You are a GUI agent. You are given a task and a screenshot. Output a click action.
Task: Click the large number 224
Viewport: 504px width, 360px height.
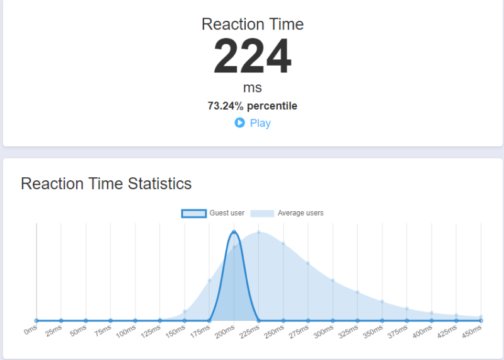click(252, 57)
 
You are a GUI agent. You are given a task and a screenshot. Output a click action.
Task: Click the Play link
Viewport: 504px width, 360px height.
click(260, 123)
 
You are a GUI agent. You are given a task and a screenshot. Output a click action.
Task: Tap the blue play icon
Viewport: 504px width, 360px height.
click(239, 123)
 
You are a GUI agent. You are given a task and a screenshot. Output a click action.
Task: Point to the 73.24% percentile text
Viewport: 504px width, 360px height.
click(252, 106)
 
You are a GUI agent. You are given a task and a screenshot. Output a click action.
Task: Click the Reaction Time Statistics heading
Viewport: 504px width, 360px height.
click(106, 183)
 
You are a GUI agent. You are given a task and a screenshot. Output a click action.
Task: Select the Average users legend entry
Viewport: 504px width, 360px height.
click(287, 213)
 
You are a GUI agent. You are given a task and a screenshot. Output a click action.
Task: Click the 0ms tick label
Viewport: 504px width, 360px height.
click(30, 330)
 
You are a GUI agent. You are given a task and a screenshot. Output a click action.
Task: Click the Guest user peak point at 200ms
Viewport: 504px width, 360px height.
click(234, 232)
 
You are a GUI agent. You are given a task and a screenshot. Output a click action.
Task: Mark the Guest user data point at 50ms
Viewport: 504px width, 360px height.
click(86, 320)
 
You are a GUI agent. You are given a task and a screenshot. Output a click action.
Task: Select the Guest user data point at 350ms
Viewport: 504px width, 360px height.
click(382, 320)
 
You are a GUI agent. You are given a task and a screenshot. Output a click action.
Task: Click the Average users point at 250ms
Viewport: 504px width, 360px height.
click(283, 243)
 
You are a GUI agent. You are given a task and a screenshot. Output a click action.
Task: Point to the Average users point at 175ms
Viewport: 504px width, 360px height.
click(209, 281)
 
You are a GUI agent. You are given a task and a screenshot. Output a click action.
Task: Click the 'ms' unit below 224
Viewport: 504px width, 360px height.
click(252, 88)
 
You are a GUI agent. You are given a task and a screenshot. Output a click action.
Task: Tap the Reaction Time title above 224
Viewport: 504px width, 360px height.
click(252, 25)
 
